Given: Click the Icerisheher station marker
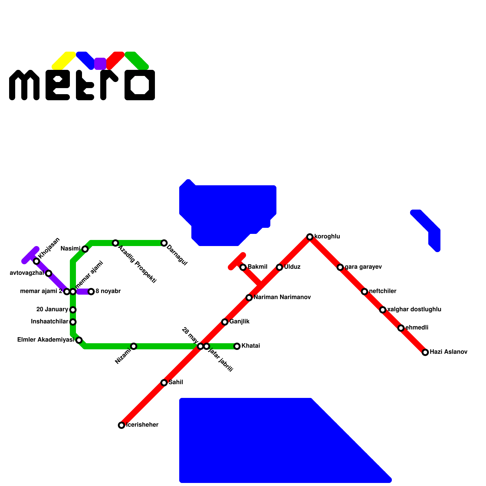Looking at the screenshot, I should click(122, 425).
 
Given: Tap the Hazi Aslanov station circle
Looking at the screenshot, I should click(425, 352).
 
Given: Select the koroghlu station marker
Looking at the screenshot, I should click(310, 237).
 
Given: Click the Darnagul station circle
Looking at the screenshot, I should click(164, 243).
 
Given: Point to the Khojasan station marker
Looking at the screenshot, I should click(36, 261).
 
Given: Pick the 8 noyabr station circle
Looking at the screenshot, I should click(91, 292).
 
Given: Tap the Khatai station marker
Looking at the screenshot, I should click(237, 346).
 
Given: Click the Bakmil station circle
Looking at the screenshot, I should click(243, 267).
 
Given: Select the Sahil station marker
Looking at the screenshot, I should click(164, 383).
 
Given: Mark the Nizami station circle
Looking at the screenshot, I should click(134, 346).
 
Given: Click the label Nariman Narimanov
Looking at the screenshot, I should click(282, 297).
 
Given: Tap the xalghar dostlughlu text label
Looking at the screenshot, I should click(414, 310).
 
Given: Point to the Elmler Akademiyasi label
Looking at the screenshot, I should click(46, 340).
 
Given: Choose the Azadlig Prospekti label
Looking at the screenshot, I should click(137, 265).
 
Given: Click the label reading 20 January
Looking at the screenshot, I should click(52, 310).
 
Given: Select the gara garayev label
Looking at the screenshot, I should click(363, 267).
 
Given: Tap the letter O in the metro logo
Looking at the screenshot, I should click(140, 85).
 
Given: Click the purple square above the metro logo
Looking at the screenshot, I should click(100, 64).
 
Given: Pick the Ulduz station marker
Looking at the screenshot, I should click(279, 267).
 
